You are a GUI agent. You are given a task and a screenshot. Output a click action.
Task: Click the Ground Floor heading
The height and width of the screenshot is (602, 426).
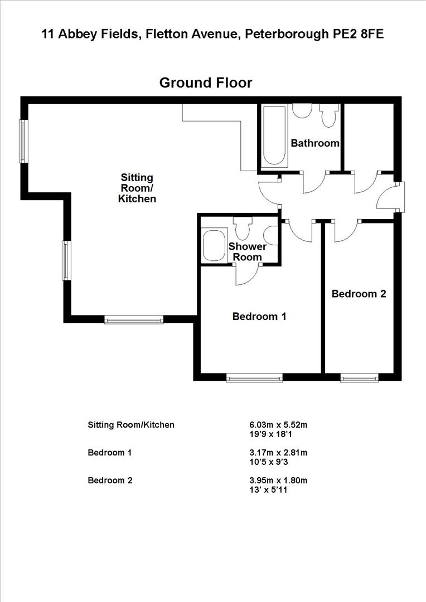pyautogui.click(x=205, y=83)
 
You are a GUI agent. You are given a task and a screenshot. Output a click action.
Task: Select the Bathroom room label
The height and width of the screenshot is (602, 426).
pyautogui.click(x=315, y=143)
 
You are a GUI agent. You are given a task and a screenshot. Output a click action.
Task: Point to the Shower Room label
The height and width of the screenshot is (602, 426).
pyautogui.click(x=247, y=251)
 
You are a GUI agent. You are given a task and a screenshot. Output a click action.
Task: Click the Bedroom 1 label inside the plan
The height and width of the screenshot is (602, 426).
pyautogui.click(x=259, y=317)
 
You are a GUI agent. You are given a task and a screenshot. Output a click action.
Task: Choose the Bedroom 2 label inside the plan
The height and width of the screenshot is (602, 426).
pyautogui.click(x=359, y=294)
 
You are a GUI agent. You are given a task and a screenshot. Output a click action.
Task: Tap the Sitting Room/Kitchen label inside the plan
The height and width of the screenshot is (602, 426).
pyautogui.click(x=137, y=188)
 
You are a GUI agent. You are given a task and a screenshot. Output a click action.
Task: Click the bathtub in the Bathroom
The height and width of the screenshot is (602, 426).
pyautogui.click(x=273, y=137)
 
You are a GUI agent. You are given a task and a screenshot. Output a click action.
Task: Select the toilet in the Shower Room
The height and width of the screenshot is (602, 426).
pyautogui.click(x=243, y=227)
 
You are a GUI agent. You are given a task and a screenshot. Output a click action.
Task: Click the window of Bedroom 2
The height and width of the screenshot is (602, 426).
pyautogui.click(x=360, y=378)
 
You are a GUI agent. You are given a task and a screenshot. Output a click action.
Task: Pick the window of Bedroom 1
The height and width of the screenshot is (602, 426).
pyautogui.click(x=254, y=378)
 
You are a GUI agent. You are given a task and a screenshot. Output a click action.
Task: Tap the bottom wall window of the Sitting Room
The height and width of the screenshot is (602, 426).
pyautogui.click(x=134, y=319)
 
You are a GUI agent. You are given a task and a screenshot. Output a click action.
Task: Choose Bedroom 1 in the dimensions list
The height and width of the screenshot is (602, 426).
pyautogui.click(x=109, y=453)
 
